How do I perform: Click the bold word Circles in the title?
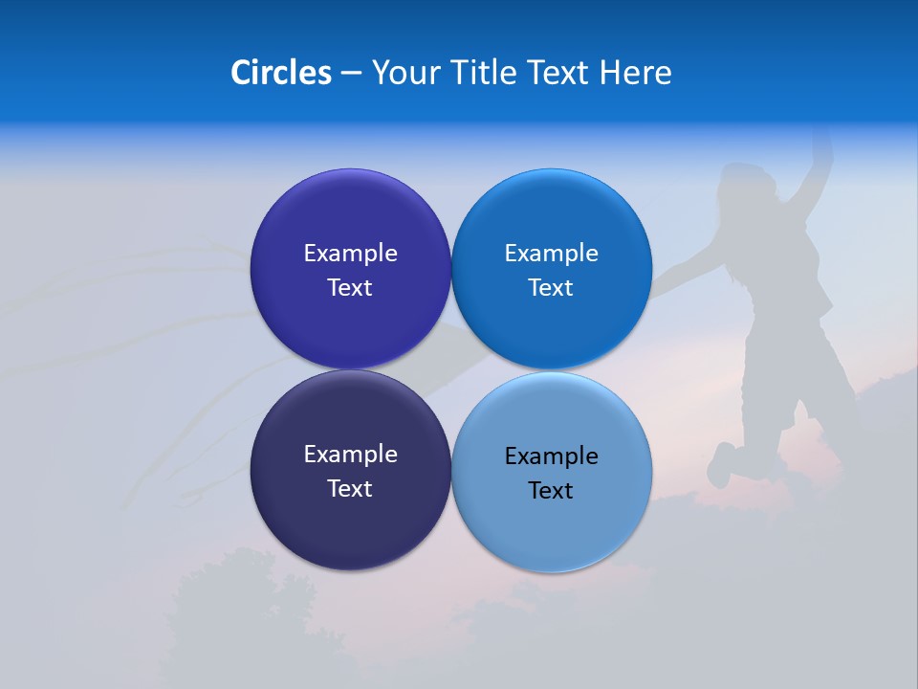(x=280, y=73)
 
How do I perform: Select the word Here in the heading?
(x=636, y=73)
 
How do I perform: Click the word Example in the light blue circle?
(x=552, y=456)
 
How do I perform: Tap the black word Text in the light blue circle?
(x=551, y=491)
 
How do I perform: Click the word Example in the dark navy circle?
(x=350, y=455)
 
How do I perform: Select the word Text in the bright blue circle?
(x=551, y=288)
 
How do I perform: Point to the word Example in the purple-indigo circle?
(x=350, y=254)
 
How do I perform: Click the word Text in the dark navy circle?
(x=350, y=489)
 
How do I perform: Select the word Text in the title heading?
(x=557, y=73)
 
